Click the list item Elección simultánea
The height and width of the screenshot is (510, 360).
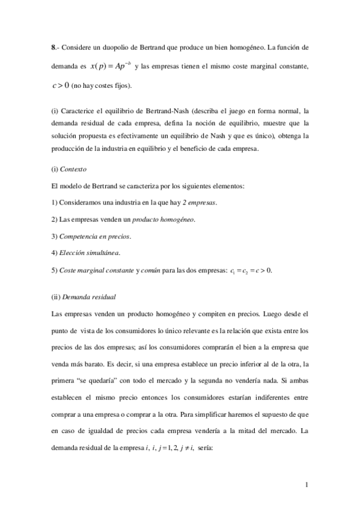83,253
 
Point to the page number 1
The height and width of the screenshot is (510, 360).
307,485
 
